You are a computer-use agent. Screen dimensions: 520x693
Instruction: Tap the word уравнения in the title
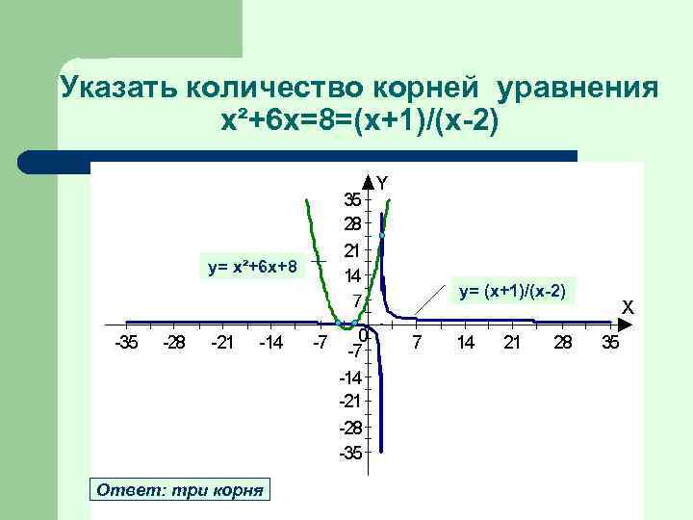point(577,90)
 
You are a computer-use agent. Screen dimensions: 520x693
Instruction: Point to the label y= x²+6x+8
point(253,266)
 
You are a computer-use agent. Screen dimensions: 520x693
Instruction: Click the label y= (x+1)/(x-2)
point(511,291)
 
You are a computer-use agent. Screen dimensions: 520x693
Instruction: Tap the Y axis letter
point(383,181)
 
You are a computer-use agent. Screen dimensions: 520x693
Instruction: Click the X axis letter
point(627,307)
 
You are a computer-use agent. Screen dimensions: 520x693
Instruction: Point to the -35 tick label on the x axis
point(125,343)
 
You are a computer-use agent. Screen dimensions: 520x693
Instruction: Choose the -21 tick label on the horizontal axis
point(222,343)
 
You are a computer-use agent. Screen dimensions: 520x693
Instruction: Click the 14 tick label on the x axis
point(464,343)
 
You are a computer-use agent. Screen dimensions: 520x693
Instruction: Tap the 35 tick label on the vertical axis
point(353,199)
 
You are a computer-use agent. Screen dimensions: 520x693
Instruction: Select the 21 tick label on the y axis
point(353,249)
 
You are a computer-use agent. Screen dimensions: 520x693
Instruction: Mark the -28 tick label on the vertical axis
point(351,427)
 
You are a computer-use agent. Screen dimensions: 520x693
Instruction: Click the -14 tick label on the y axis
point(351,377)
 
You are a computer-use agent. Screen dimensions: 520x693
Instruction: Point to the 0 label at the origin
point(362,336)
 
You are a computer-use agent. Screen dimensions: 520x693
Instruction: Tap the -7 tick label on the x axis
point(321,343)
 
